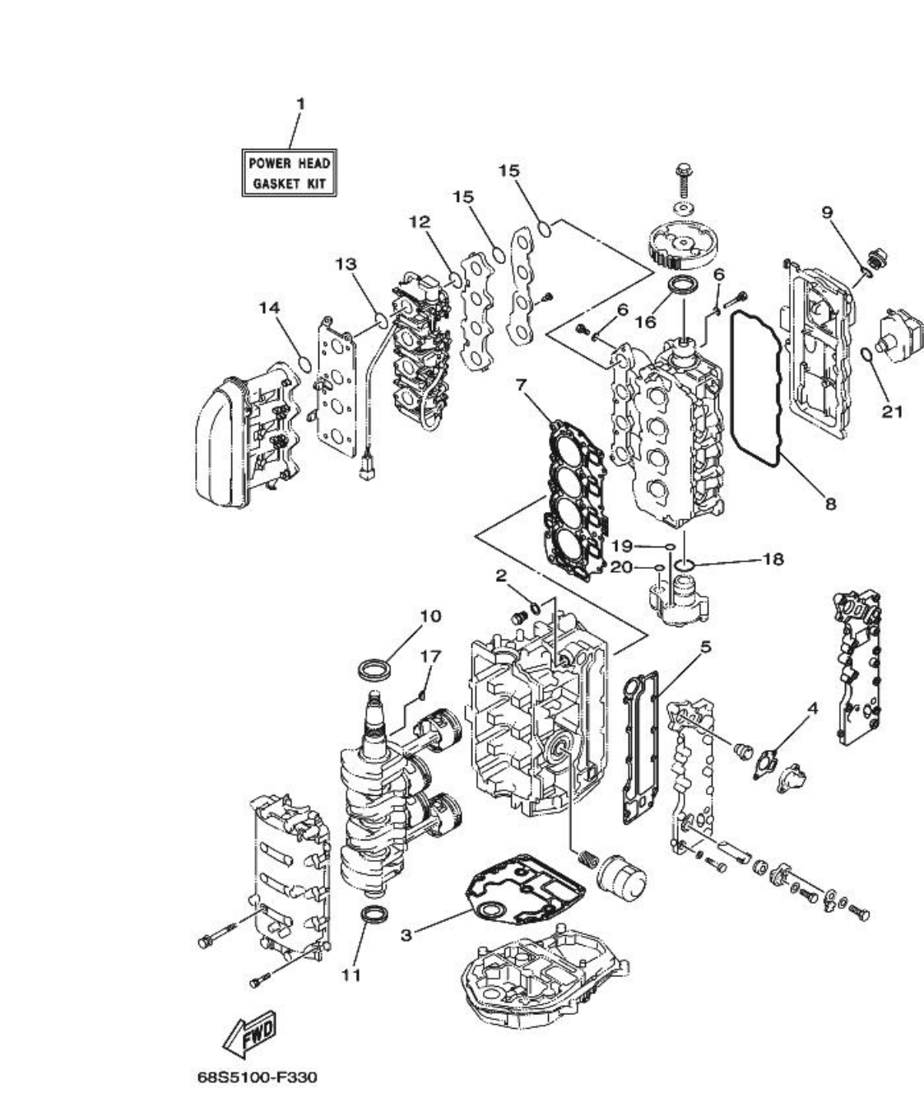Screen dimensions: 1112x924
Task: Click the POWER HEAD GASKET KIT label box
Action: point(290,173)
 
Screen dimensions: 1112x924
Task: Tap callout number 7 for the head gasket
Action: point(520,384)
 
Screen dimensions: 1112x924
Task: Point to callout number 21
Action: point(892,411)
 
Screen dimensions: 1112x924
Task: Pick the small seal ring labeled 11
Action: point(373,914)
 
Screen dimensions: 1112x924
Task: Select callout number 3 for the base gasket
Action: point(407,935)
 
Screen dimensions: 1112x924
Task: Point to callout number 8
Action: point(829,503)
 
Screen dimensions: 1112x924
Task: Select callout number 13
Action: point(346,263)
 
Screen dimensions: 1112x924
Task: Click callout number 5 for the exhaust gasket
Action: point(705,647)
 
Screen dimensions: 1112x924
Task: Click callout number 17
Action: point(430,656)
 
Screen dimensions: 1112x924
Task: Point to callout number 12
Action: point(420,221)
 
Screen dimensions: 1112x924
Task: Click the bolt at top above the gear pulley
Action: point(682,176)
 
